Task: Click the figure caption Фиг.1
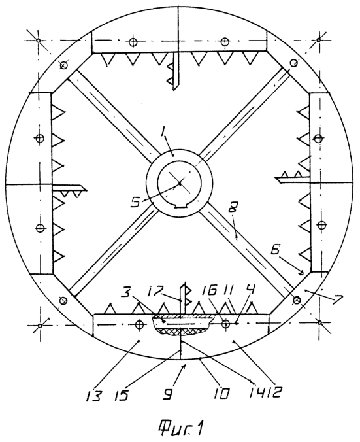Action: pyautogui.click(x=181, y=428)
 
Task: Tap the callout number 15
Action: pyautogui.click(x=122, y=394)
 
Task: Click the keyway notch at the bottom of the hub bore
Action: pyautogui.click(x=180, y=208)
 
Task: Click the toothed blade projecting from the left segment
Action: pyautogui.click(x=69, y=190)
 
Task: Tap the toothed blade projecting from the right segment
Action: pyautogui.click(x=293, y=177)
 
